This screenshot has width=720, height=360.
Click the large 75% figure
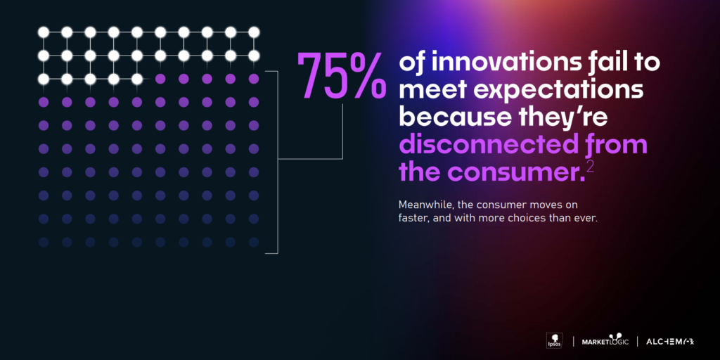pos(341,75)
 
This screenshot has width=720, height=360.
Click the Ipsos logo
pos(553,341)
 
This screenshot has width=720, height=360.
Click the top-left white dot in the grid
pos(44,32)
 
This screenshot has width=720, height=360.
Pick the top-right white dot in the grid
pos(254,32)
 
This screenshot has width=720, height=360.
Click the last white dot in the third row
pos(137,79)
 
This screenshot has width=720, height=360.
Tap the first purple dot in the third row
pos(160,79)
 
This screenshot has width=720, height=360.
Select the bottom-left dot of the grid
pos(44,242)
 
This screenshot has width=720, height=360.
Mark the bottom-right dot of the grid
pos(254,242)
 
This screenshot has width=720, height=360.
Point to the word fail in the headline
pos(610,63)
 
